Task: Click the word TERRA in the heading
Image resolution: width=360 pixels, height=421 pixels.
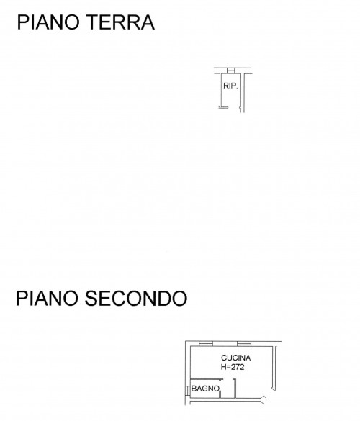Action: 121,22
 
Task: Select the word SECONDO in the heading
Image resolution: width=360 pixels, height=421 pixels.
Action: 136,298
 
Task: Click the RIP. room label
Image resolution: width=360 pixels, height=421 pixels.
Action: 230,86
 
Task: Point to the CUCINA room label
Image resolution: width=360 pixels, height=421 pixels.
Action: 235,358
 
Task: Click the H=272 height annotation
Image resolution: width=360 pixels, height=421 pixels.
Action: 233,367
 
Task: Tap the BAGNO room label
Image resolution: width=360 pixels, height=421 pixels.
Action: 205,389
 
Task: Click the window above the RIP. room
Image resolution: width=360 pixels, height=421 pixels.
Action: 230,71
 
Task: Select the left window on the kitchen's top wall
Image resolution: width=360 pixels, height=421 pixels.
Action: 206,344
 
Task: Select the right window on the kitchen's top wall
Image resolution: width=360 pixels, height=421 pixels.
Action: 244,344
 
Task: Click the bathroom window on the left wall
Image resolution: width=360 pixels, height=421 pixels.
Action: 187,391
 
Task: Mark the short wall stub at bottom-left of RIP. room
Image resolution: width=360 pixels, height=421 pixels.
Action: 223,107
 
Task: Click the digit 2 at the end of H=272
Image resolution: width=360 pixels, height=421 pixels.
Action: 242,367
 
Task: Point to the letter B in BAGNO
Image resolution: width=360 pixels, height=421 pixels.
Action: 194,389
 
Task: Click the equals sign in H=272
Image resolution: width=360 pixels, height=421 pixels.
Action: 228,367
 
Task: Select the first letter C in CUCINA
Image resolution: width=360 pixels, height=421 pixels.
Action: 224,358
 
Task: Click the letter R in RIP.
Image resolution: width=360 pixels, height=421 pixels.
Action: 226,86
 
